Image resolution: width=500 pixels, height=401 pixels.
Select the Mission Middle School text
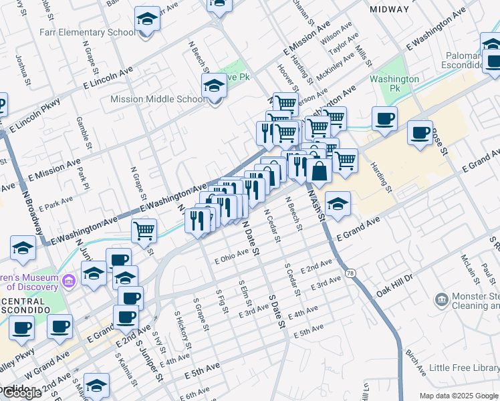click(158, 100)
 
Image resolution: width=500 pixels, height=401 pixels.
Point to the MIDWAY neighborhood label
click(388, 9)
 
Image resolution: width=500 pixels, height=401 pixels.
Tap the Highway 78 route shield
click(350, 273)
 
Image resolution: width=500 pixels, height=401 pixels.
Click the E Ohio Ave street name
click(231, 257)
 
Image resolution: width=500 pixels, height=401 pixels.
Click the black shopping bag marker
click(320, 171)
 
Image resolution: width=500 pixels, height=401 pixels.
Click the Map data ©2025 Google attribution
click(458, 395)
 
